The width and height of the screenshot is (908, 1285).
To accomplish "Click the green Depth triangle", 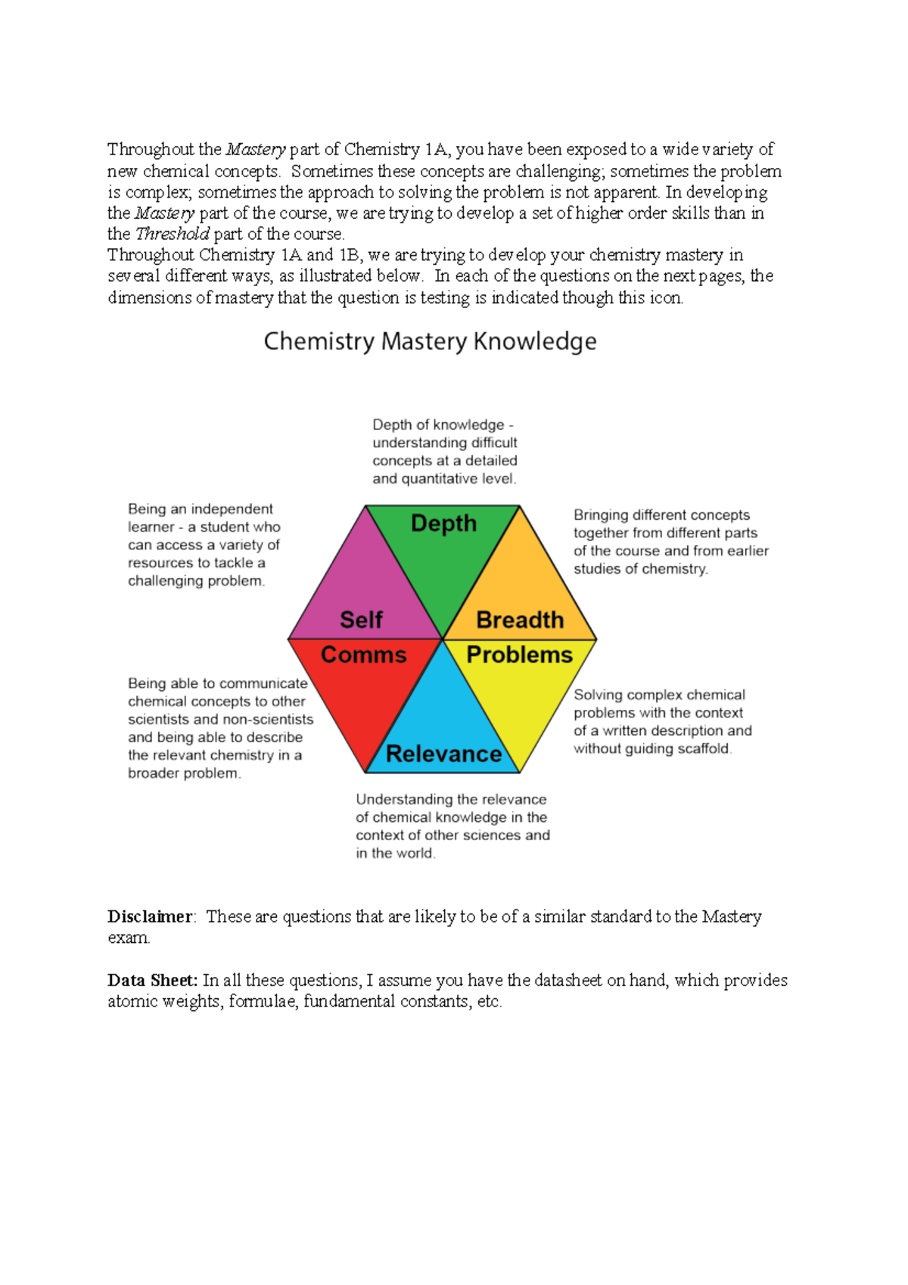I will click(x=443, y=552).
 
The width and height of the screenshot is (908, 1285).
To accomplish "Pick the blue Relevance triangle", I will click(x=443, y=727).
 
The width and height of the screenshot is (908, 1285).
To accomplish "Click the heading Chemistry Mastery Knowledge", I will click(x=430, y=341).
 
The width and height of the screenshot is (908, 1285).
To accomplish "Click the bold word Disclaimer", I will click(x=150, y=916).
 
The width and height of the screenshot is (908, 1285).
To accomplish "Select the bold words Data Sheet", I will click(x=152, y=980).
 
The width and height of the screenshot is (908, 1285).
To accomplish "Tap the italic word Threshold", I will click(x=172, y=234).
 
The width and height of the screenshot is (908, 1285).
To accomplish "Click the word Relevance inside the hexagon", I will click(x=443, y=754).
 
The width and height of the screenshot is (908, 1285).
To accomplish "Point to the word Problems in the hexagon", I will click(x=519, y=655).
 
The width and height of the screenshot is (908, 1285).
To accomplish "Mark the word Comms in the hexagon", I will click(x=363, y=655).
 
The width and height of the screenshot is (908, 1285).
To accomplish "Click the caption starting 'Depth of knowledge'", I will click(x=445, y=452).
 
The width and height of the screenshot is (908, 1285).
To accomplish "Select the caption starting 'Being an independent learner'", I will click(x=204, y=545).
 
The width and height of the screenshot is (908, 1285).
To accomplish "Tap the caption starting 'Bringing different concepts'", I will click(x=670, y=542).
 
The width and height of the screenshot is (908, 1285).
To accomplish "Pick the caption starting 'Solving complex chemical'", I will click(x=662, y=721).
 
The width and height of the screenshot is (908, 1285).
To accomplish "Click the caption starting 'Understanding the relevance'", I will click(x=452, y=826).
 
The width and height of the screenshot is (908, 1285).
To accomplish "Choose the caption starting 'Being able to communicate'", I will click(x=219, y=728).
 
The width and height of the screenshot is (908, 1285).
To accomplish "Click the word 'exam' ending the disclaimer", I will click(x=129, y=938).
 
